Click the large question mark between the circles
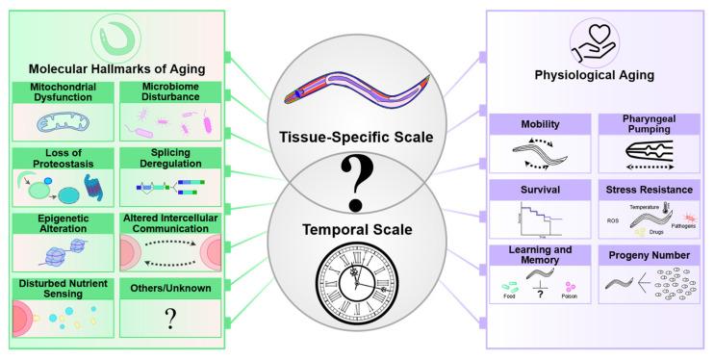(357, 183)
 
